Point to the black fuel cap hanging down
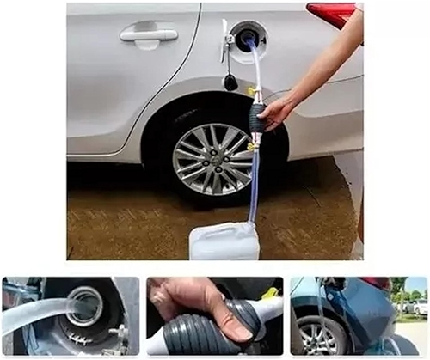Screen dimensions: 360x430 coord(230,82)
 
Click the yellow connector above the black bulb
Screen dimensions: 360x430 coord(253,91)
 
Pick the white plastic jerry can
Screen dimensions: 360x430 coord(224,242)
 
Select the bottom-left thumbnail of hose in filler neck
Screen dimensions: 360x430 coord(71,316)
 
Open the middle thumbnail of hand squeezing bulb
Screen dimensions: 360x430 coord(214,316)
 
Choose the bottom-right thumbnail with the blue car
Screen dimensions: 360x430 coord(358,316)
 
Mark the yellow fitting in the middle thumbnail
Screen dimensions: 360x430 coord(268,295)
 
